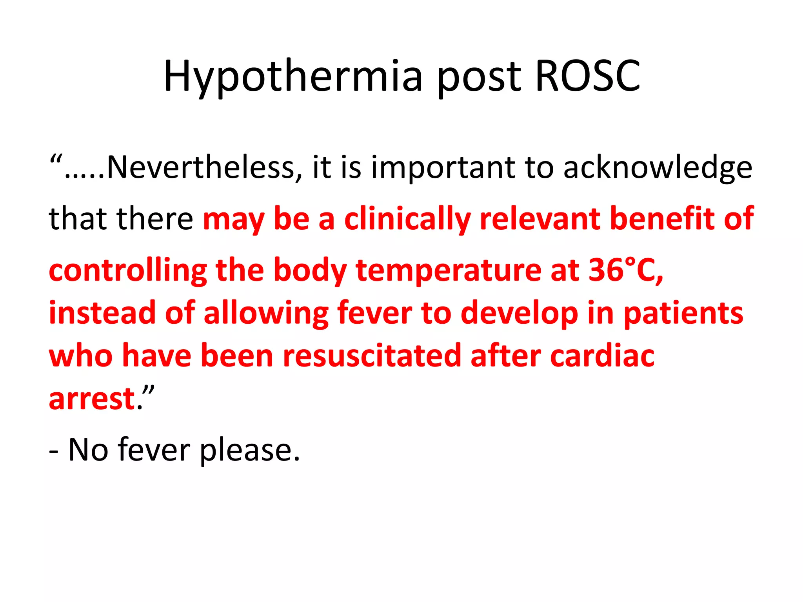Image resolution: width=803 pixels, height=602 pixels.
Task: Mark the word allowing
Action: point(266,314)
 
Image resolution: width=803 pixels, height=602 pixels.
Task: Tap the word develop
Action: point(519,314)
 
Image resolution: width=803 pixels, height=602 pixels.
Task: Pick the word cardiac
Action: point(602,356)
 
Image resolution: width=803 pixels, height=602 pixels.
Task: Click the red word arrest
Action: point(92,399)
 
